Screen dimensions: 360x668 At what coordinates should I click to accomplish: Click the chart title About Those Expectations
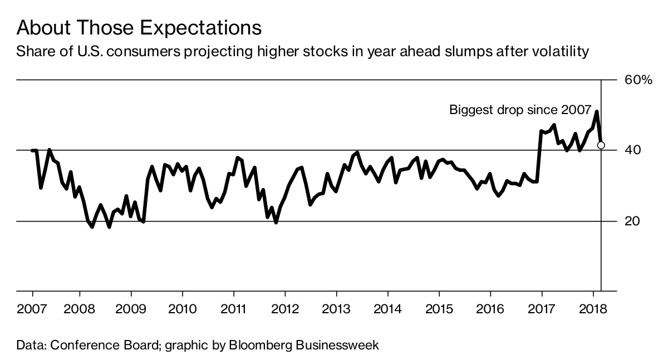coord(139,28)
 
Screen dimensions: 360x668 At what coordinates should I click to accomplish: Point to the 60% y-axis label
coord(637,80)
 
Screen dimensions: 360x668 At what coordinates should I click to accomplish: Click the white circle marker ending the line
coord(601,145)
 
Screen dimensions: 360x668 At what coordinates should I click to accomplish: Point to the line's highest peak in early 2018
coord(597,112)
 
